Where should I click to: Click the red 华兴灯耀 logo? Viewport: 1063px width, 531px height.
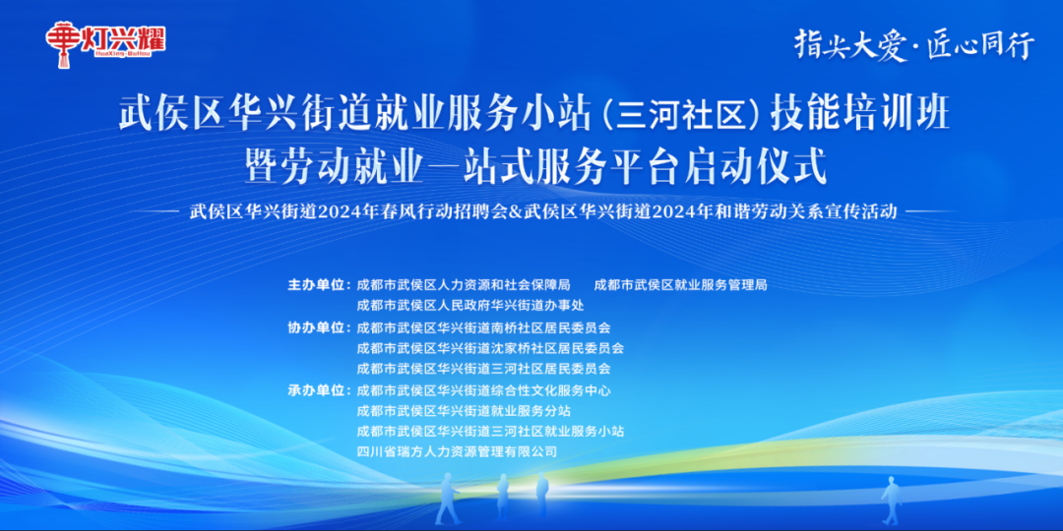pos(106,41)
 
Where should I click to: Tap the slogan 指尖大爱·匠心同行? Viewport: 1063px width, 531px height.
pos(914,44)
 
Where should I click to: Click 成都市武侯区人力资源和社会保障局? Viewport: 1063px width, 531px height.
pos(464,285)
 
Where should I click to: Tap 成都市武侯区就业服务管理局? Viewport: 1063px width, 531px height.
pos(681,285)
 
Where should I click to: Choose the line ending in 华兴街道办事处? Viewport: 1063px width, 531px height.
pos(470,306)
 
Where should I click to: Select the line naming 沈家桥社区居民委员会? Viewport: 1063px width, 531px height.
pos(490,348)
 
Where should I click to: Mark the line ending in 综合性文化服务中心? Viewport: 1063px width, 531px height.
pos(483,390)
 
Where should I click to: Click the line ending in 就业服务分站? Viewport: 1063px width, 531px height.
pos(464,410)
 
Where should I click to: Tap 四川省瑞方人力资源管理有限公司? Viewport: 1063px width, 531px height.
pos(457,451)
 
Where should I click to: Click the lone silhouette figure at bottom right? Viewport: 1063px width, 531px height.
pos(892,500)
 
